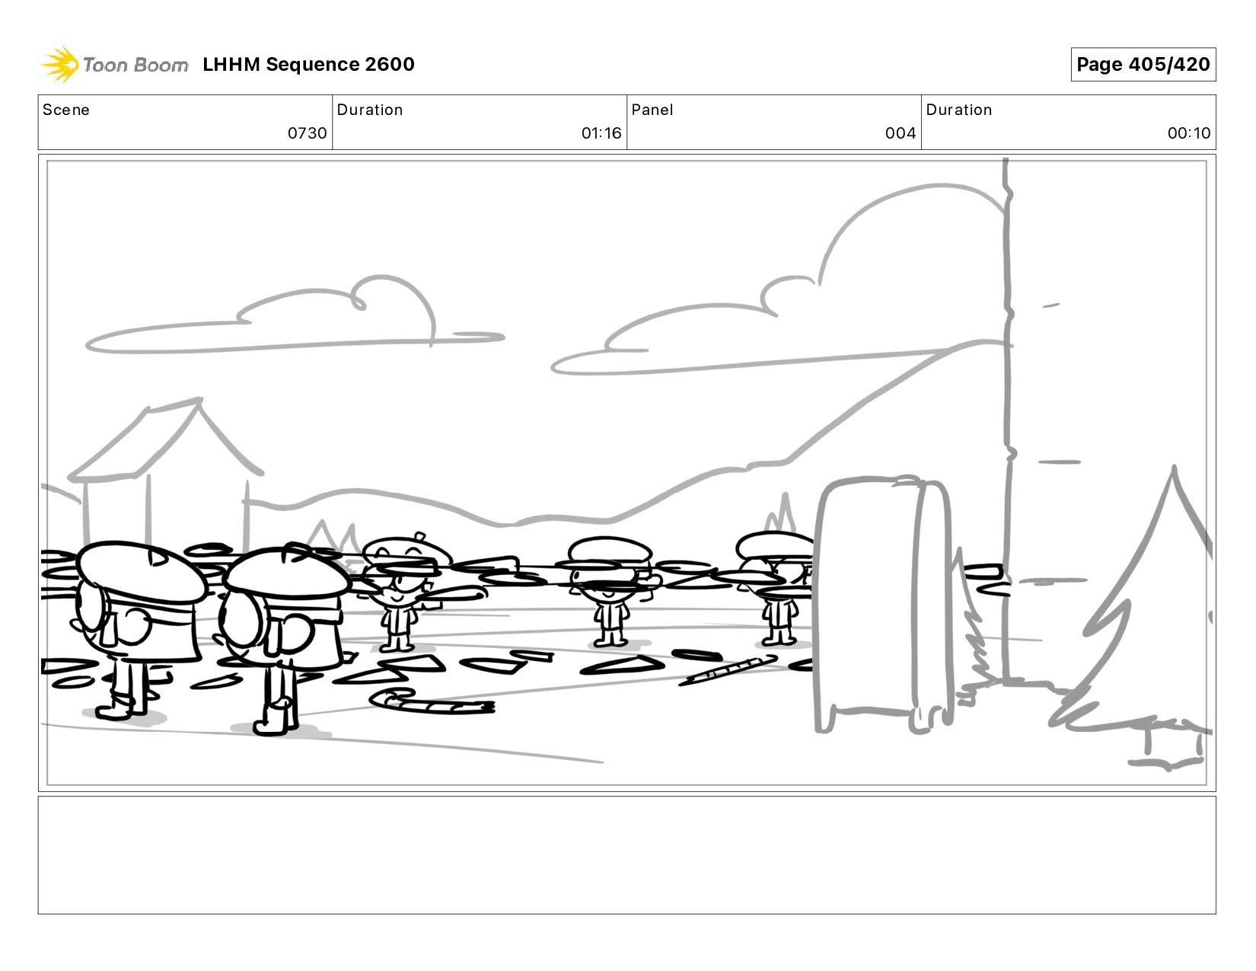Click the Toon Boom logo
(x=114, y=65)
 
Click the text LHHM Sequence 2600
(x=308, y=65)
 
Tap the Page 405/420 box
(x=1143, y=65)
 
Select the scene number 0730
(x=307, y=133)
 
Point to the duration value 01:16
(x=601, y=133)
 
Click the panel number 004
(x=900, y=133)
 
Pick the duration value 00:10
(x=1188, y=133)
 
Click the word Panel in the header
(x=652, y=110)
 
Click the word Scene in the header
(x=66, y=110)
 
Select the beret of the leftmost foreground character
(x=141, y=571)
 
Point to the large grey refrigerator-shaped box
(x=883, y=602)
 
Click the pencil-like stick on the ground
(x=727, y=670)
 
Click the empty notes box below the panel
(x=626, y=854)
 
